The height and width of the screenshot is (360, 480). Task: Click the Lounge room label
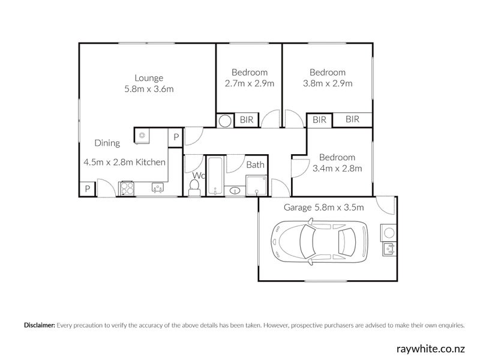pos(149,78)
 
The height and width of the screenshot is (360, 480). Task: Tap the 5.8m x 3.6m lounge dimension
pos(149,89)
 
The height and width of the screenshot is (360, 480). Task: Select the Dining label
pos(107,143)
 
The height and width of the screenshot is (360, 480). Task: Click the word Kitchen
pos(151,162)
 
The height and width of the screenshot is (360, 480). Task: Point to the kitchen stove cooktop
pos(127,188)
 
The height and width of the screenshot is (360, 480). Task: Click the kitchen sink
pos(158,187)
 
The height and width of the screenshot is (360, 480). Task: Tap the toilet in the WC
pos(194,187)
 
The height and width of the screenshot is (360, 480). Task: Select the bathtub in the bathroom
pos(215,176)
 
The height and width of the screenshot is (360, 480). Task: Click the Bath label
pos(256,165)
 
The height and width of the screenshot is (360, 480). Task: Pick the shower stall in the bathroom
pos(257,185)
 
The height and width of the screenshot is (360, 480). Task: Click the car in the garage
pos(319,242)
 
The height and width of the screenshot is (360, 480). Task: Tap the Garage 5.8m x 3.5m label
pos(323,208)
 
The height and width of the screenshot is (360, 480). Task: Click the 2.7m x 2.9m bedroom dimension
pos(249,83)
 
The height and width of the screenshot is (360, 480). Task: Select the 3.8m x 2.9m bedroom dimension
pos(328,83)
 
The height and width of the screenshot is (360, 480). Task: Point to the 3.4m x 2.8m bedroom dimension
pos(337,169)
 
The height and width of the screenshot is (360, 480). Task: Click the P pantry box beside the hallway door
pos(176,137)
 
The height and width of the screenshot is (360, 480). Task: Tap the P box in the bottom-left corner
pos(88,189)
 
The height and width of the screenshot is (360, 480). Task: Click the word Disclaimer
pos(40,325)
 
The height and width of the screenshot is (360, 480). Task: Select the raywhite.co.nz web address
pos(430,349)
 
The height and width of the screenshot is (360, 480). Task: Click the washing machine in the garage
pos(389,233)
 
